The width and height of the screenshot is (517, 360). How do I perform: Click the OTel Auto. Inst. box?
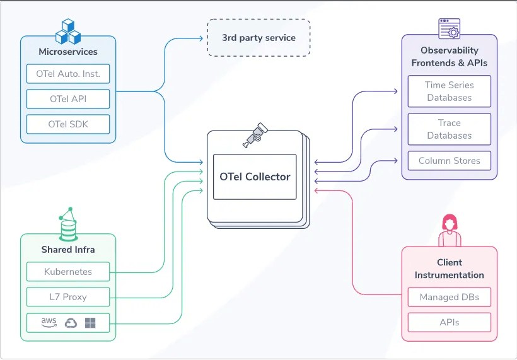[68, 74]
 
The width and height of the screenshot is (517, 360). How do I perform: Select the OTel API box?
[68, 99]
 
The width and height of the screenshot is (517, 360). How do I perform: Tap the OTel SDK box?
[68, 124]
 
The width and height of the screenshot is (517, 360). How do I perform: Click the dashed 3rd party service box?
[258, 38]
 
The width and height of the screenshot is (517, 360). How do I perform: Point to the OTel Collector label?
[255, 177]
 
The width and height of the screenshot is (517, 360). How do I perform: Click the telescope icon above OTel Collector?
[255, 135]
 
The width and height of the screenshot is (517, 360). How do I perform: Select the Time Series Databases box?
[449, 91]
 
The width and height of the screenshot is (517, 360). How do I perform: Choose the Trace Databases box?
[449, 129]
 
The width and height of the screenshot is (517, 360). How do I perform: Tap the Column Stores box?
[449, 161]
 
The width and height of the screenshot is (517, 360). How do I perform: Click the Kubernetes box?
[68, 272]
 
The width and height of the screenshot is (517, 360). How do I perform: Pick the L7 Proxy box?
[68, 297]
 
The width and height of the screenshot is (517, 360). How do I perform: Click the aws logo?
[49, 322]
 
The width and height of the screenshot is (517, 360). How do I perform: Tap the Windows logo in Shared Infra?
[90, 323]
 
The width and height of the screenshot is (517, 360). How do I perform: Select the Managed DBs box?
[449, 297]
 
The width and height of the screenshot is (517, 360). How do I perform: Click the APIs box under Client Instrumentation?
[449, 322]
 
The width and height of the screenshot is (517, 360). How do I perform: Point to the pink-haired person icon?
[450, 231]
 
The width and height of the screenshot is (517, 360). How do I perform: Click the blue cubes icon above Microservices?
[68, 32]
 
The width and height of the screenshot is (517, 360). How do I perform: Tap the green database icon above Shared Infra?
[68, 224]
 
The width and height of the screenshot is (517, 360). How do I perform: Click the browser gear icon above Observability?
[449, 28]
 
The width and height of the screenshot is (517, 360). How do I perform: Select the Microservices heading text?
[68, 52]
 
